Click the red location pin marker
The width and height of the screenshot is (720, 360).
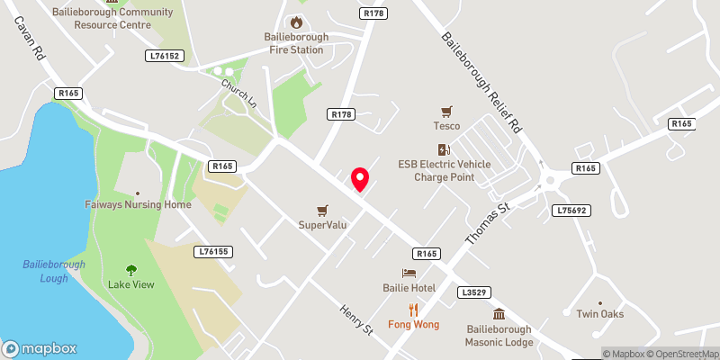pos(360,179)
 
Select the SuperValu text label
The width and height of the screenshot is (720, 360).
pos(323,224)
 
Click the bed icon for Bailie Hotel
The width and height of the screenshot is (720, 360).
pos(409,273)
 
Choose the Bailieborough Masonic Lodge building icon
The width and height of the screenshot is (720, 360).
pos(499,314)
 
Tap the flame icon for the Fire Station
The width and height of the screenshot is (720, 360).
pos(294,22)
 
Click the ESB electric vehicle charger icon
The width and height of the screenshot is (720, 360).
pos(442,149)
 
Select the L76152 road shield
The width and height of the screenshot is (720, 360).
pos(165,56)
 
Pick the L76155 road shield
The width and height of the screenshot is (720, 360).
pos(213,254)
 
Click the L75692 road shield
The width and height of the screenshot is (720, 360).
pos(572,210)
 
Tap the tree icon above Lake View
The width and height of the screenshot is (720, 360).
pos(131,269)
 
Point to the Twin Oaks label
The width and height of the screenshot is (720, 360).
pos(600,314)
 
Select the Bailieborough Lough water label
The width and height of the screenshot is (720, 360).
pos(54,271)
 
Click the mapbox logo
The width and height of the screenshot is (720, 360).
pos(40,348)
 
